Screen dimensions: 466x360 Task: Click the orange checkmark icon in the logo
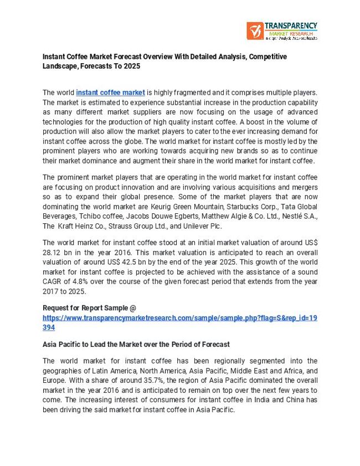tap(255, 30)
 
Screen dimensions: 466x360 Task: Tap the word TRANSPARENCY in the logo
tap(291, 25)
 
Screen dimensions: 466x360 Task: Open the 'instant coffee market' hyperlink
tap(110, 93)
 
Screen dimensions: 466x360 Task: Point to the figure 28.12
tap(53, 252)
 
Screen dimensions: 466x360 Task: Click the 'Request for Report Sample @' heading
tap(89, 308)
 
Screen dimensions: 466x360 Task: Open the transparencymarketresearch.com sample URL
tap(179, 318)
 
